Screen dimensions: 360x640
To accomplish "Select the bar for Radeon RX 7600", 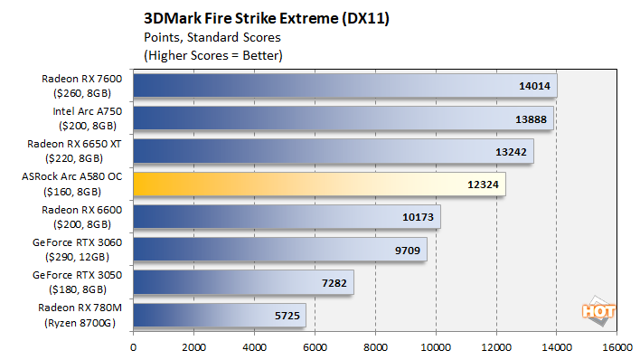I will pos(344,86).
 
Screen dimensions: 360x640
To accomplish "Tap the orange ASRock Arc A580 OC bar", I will pos(319,185).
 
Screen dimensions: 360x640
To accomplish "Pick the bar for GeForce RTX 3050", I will pos(243,282).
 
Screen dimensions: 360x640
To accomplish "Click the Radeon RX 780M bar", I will pos(220,315).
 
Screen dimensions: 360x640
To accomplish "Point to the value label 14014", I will pos(532,87).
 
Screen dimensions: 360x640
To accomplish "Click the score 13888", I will pos(528,119).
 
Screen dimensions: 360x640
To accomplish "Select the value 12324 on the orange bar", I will pos(482,185).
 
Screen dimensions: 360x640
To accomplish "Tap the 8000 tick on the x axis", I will pos(375,346).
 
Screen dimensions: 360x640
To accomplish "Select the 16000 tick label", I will pos(616,346).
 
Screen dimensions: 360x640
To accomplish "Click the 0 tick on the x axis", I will pos(134,346).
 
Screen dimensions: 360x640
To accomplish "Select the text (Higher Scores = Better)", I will pos(213,55).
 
